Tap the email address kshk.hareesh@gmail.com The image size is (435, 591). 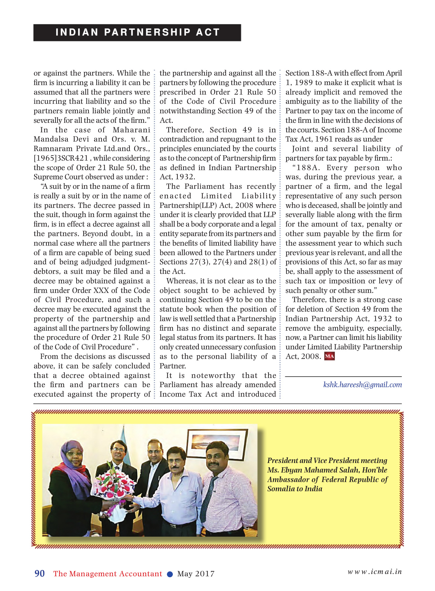click(362, 385)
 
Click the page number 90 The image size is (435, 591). click(40, 574)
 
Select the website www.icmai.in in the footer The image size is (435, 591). click(375, 572)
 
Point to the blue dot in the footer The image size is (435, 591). click(170, 574)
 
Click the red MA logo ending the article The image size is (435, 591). click(330, 356)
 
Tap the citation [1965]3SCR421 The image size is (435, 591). click(61, 158)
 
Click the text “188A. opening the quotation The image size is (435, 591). click(306, 168)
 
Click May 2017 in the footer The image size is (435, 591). click(196, 574)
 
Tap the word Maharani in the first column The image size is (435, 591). click(131, 130)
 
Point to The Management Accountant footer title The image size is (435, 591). click(108, 574)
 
